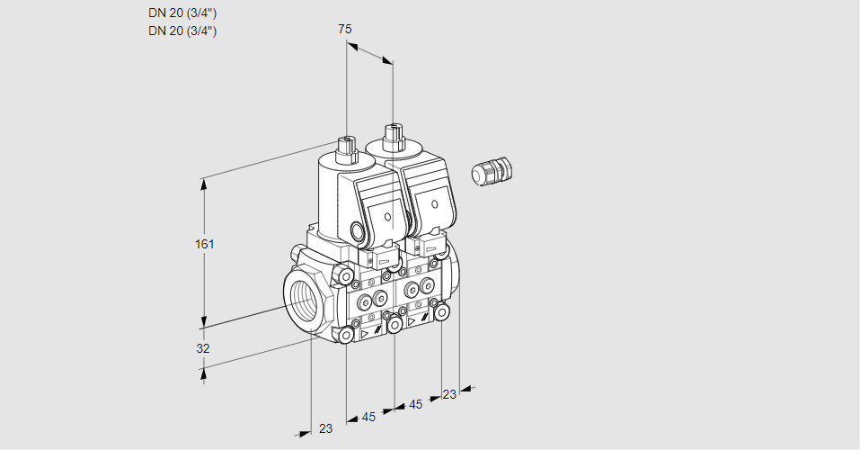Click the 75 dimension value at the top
[x=344, y=29]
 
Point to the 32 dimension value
[x=203, y=348]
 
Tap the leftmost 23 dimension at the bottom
[x=325, y=428]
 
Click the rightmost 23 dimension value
[x=449, y=393]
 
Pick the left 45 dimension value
[x=368, y=417]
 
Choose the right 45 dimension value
[x=415, y=405]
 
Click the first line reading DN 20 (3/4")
[x=182, y=13]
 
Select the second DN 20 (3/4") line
[x=182, y=31]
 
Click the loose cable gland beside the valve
[x=492, y=171]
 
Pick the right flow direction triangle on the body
[x=412, y=320]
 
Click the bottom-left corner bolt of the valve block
[x=346, y=336]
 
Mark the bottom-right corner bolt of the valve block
[x=441, y=311]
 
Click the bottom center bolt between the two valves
[x=394, y=323]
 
